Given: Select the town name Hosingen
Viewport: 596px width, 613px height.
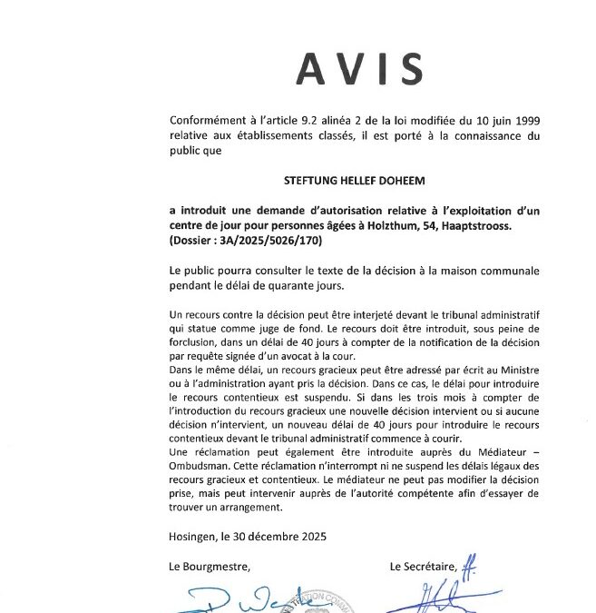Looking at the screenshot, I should [194, 537].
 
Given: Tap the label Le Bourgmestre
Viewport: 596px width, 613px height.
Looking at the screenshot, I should [209, 567].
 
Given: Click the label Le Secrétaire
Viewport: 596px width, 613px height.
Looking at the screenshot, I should [424, 567].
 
